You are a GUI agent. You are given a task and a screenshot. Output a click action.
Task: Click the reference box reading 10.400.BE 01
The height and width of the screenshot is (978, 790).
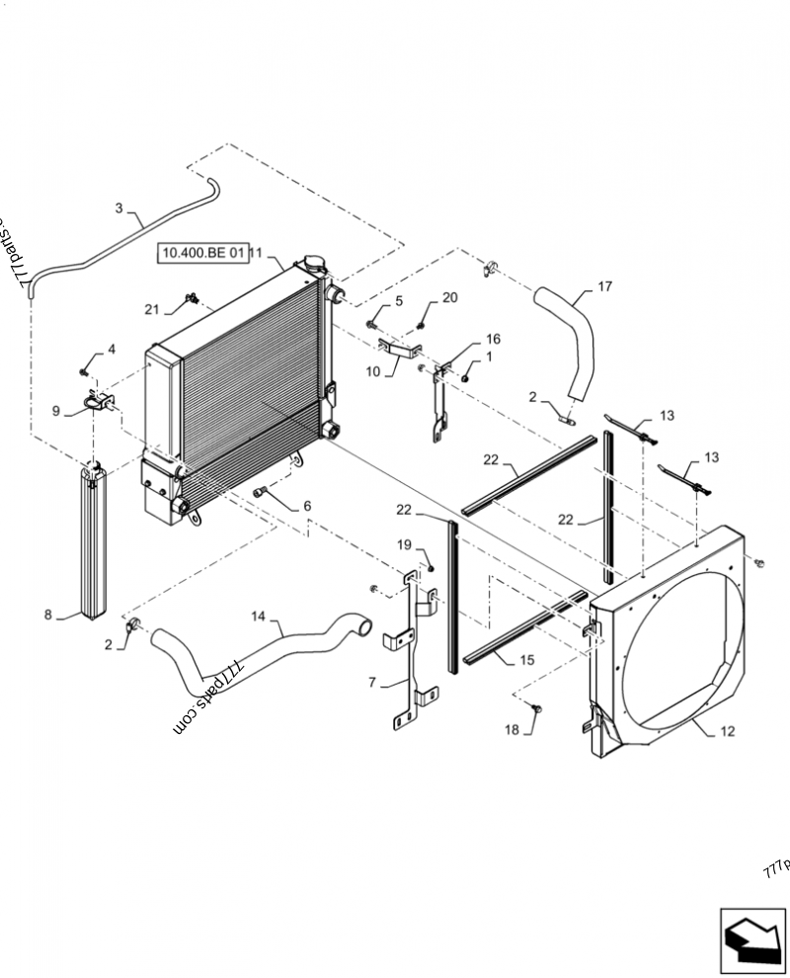(201, 254)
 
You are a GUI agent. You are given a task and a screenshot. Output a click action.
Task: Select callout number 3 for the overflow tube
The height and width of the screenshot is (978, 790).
(119, 208)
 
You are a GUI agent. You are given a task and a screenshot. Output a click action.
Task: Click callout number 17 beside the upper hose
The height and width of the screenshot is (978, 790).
(604, 287)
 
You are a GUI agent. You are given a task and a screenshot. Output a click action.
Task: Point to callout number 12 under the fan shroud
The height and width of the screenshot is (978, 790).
(728, 732)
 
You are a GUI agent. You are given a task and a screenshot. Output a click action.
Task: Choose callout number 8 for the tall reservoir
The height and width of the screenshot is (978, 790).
(47, 615)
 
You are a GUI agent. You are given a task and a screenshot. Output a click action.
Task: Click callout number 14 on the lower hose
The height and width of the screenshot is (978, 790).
(259, 616)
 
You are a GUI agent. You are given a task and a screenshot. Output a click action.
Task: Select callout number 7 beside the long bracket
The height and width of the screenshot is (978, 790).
(371, 683)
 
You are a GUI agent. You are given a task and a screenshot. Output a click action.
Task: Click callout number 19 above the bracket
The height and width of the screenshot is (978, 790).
(405, 544)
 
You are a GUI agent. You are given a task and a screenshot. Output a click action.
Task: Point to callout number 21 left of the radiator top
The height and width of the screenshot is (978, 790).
(151, 309)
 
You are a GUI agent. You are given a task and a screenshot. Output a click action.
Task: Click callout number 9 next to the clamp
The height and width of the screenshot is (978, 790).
(55, 411)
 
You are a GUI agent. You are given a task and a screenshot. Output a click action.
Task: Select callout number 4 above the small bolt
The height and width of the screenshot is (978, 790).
(112, 349)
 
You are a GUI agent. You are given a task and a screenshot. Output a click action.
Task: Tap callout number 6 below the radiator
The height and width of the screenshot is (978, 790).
(307, 506)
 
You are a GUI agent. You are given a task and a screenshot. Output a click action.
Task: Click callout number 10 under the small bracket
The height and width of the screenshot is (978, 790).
(373, 371)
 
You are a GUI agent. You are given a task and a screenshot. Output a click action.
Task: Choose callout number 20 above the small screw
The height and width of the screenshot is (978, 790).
(449, 297)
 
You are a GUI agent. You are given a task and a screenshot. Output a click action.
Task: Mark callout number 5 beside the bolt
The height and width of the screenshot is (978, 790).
(399, 300)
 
